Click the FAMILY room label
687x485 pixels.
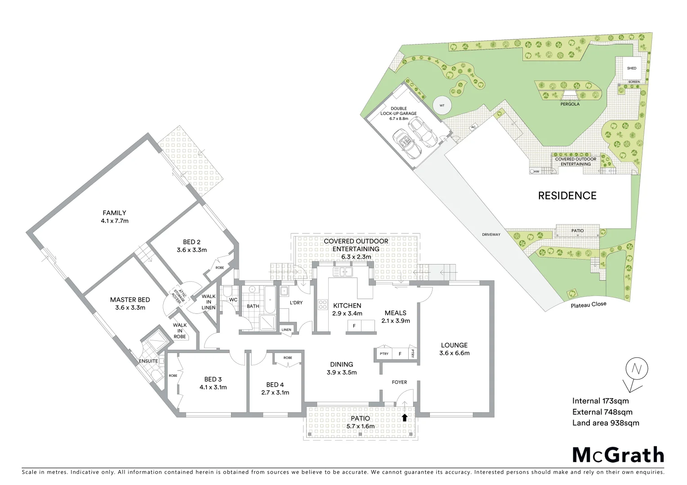pos(114,213)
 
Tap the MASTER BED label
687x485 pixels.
pos(130,300)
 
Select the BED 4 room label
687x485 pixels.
pos(275,384)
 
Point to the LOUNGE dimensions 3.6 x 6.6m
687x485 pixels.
pos(454,353)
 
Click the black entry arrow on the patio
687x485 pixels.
pos(404,418)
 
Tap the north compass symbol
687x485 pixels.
pos(636,370)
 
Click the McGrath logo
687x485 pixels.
pos(618,455)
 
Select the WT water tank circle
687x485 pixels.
pos(442,106)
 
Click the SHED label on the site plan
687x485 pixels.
pos(632,68)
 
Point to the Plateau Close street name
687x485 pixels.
pos(588,304)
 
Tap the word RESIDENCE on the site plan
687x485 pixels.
pos(567,195)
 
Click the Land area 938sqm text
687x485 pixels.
pos(605,423)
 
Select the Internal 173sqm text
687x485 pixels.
pos(600,401)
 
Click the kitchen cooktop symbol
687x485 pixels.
pos(322,305)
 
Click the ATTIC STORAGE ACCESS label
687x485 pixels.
pos(180,296)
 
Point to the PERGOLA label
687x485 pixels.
pos(570,104)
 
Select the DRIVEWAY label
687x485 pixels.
pos(491,234)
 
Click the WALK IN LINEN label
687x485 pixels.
pos(208,302)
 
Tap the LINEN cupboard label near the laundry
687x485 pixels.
pos(286,330)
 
